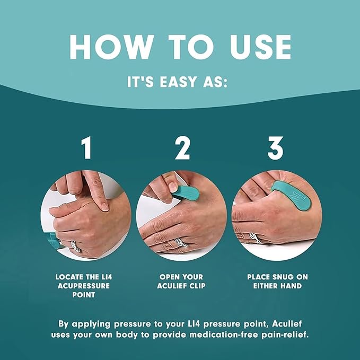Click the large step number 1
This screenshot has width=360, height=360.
tap(85, 150)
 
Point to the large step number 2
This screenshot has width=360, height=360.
tap(182, 150)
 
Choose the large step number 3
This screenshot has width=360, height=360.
tap(275, 150)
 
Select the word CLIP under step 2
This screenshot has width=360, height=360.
tap(196, 286)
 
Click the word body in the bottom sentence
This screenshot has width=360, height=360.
tap(137, 335)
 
